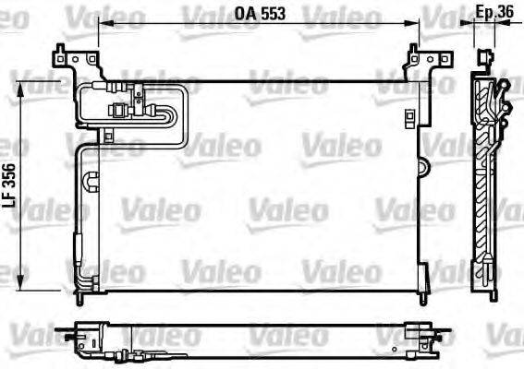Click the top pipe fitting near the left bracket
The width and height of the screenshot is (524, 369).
117,88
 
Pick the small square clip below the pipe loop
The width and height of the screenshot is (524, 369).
108,137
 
